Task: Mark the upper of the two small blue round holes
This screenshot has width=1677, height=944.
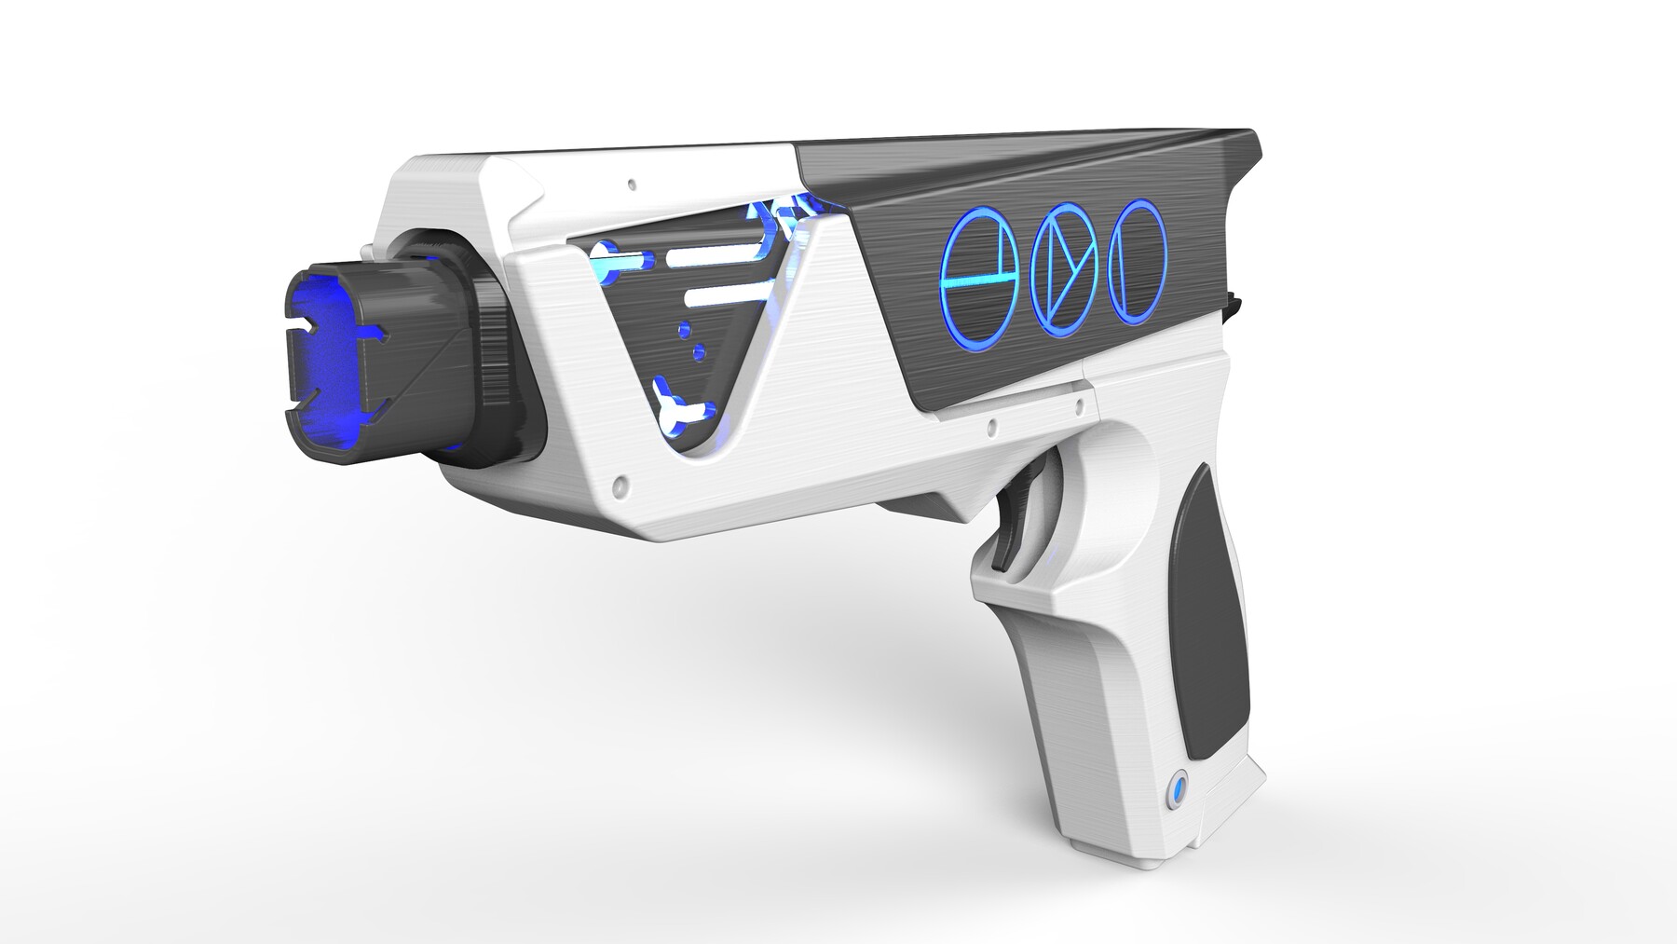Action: tap(687, 328)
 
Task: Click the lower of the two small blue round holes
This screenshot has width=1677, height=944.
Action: tap(698, 354)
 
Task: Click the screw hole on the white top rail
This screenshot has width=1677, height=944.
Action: tap(632, 184)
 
